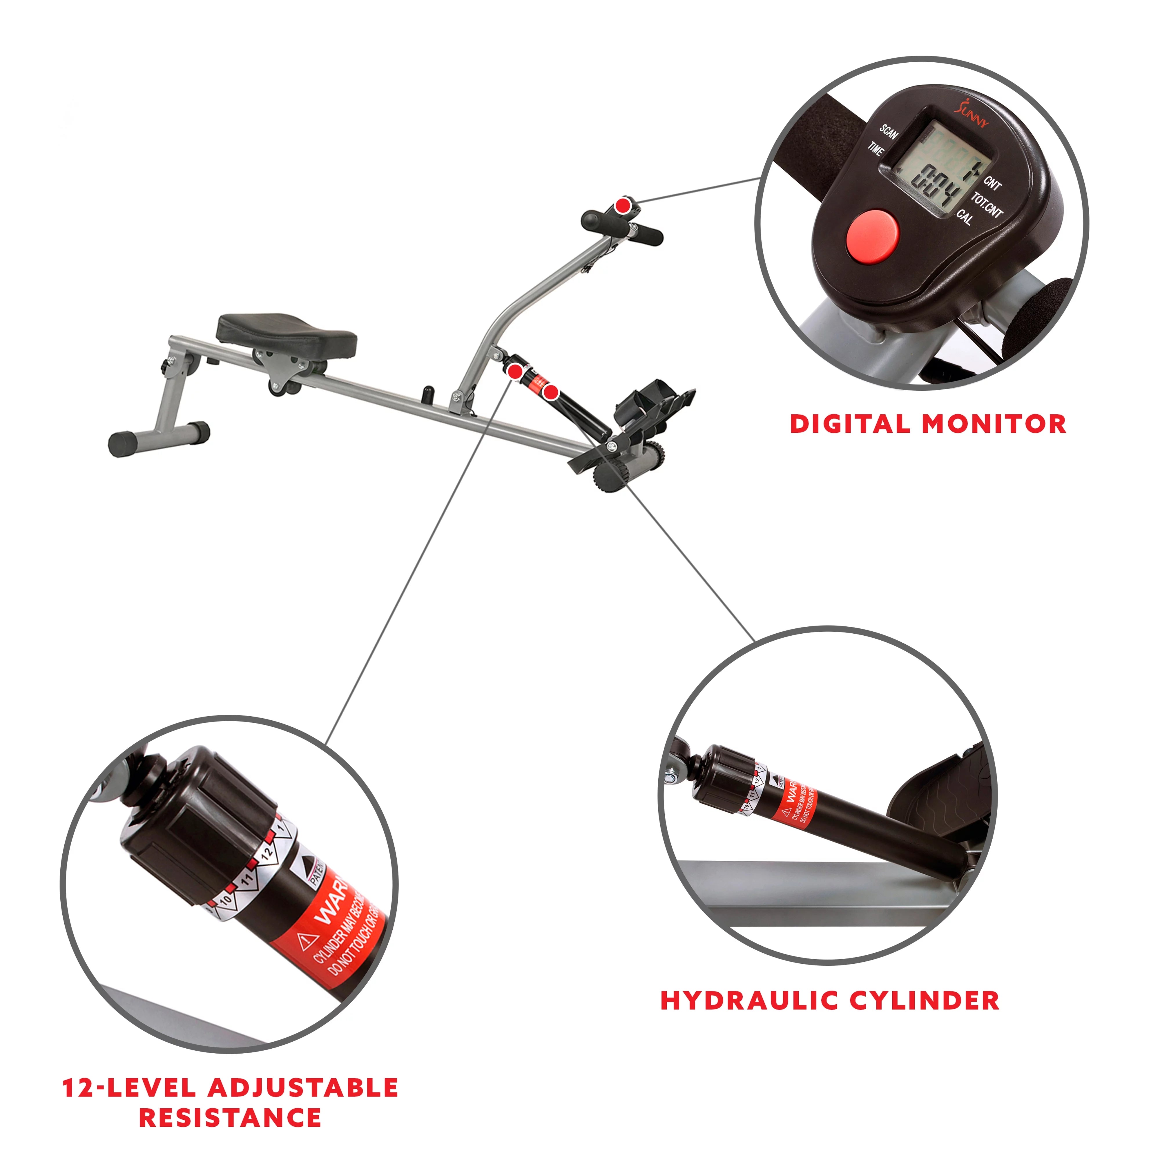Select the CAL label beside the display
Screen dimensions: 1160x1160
965,217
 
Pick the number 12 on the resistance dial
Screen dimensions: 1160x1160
266,852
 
